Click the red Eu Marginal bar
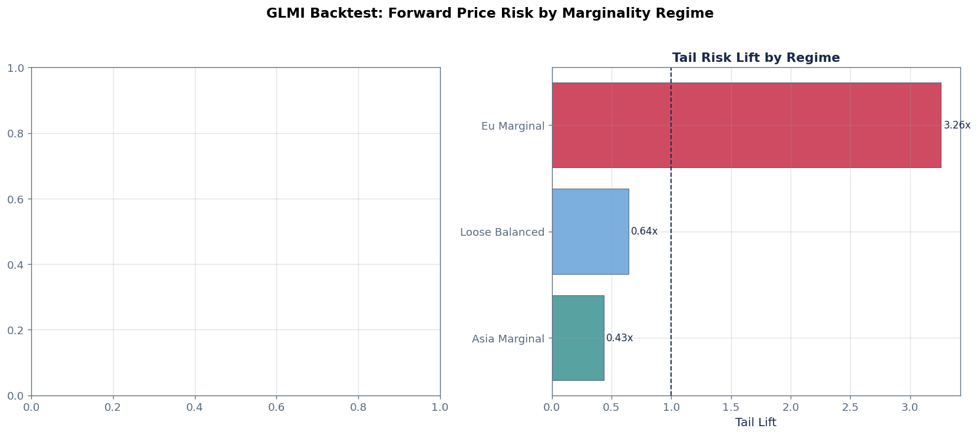pos(746,125)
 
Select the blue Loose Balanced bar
pos(590,232)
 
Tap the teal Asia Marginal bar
pos(577,338)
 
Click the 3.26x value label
pos(957,126)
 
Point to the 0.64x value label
pos(644,232)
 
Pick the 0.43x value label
pos(619,338)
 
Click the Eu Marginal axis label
pos(513,126)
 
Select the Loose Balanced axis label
pos(502,232)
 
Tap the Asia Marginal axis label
pos(508,339)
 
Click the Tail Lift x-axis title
pos(755,423)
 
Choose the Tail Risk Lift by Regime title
pos(755,58)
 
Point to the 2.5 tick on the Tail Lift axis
pos(850,407)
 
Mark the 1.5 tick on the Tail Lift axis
pos(731,407)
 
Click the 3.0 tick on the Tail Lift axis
pos(910,407)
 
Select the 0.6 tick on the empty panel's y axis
pos(15,199)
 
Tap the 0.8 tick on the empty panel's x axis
pos(358,407)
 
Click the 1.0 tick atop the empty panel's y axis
pos(15,68)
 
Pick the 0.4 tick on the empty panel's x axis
pos(194,407)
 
